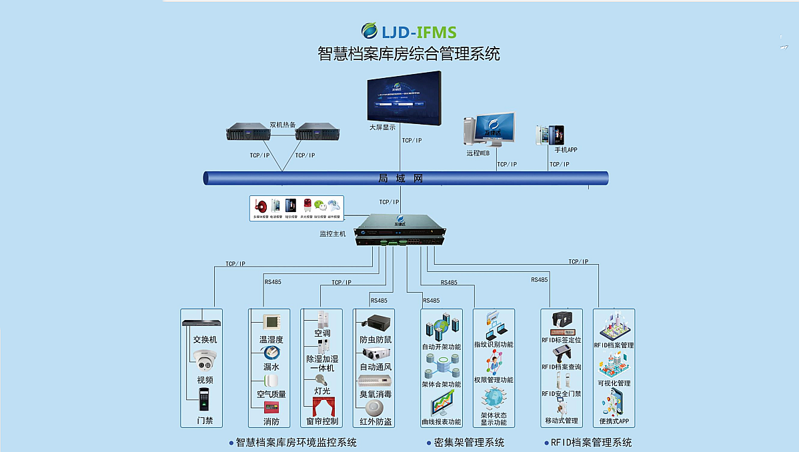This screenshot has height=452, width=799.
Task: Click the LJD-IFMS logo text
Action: (418, 31)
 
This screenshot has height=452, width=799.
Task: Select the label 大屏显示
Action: (383, 127)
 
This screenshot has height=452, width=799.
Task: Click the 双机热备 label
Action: (283, 124)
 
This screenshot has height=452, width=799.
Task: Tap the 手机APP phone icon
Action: (551, 135)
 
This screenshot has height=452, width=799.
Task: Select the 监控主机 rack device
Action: (399, 230)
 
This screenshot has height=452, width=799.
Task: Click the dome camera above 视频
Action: (205, 359)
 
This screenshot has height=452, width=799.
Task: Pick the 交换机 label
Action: (205, 339)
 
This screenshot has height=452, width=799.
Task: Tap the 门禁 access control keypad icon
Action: (203, 399)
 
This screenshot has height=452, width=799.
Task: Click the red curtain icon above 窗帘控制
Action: (322, 406)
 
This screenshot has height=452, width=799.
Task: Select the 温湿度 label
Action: (271, 339)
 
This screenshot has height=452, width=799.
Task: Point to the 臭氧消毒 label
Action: (375, 395)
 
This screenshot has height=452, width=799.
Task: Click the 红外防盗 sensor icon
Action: (375, 410)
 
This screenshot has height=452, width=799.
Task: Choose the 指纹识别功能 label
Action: (494, 345)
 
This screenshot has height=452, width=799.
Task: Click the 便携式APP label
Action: (614, 421)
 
